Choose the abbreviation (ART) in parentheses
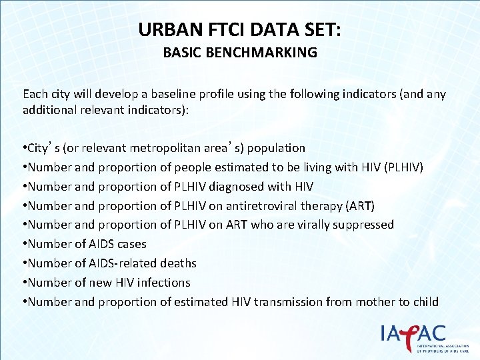point(361,205)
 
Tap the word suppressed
point(363,225)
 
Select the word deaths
point(178,263)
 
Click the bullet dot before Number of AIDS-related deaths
point(25,263)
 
